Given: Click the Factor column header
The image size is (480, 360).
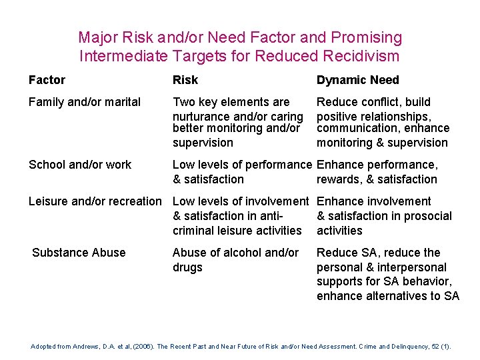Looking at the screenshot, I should [x=47, y=80].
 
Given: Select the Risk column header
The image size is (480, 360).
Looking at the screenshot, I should [x=185, y=80].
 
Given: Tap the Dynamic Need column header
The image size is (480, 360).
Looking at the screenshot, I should [x=357, y=80].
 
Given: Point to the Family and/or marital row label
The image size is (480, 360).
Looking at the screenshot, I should [x=85, y=102].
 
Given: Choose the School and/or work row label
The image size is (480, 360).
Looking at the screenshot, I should [x=80, y=165].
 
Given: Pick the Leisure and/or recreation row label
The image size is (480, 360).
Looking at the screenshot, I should [x=95, y=201].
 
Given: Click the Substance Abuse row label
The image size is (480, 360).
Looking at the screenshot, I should [x=79, y=253].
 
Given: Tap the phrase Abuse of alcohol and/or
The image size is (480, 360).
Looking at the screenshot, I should [x=235, y=253].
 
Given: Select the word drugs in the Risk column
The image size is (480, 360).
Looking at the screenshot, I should [x=187, y=267].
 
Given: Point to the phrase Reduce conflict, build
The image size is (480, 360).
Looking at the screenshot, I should [x=373, y=102].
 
